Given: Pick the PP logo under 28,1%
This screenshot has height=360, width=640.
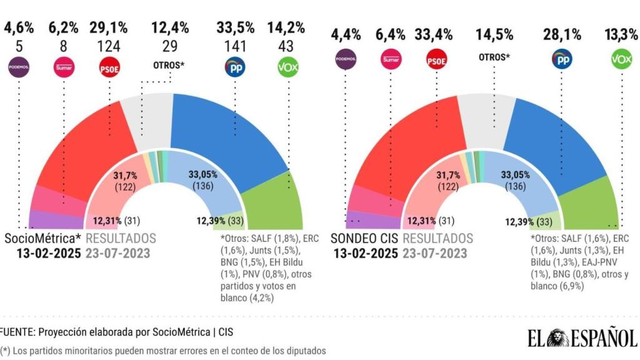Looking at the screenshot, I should (x=561, y=60).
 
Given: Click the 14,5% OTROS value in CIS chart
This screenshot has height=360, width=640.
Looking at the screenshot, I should (x=494, y=35).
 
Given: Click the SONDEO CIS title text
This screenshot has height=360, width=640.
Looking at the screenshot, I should (x=364, y=239).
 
